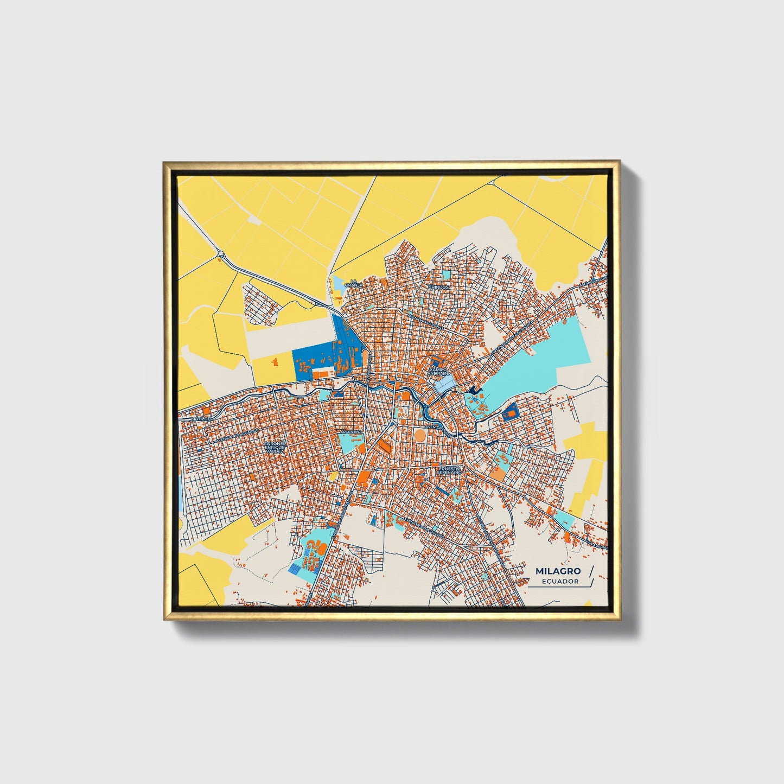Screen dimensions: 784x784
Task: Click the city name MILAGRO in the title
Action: pyautogui.click(x=558, y=571)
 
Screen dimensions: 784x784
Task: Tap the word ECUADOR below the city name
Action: pyautogui.click(x=560, y=582)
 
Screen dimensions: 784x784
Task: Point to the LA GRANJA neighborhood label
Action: pyautogui.click(x=353, y=283)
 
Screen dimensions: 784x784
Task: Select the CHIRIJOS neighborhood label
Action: pyautogui.click(x=438, y=287)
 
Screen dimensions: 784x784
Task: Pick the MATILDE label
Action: pyautogui.click(x=200, y=419)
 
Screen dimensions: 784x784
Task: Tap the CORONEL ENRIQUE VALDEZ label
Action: pyautogui.click(x=274, y=447)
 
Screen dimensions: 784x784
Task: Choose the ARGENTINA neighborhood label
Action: pyautogui.click(x=351, y=431)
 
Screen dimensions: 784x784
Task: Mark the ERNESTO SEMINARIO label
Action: pyautogui.click(x=449, y=470)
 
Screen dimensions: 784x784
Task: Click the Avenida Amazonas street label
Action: pyautogui.click(x=426, y=320)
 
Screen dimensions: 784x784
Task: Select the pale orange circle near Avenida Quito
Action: pyautogui.click(x=420, y=435)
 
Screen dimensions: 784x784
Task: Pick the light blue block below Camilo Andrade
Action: pyautogui.click(x=443, y=384)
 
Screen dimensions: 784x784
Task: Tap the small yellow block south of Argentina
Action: pyautogui.click(x=333, y=476)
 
